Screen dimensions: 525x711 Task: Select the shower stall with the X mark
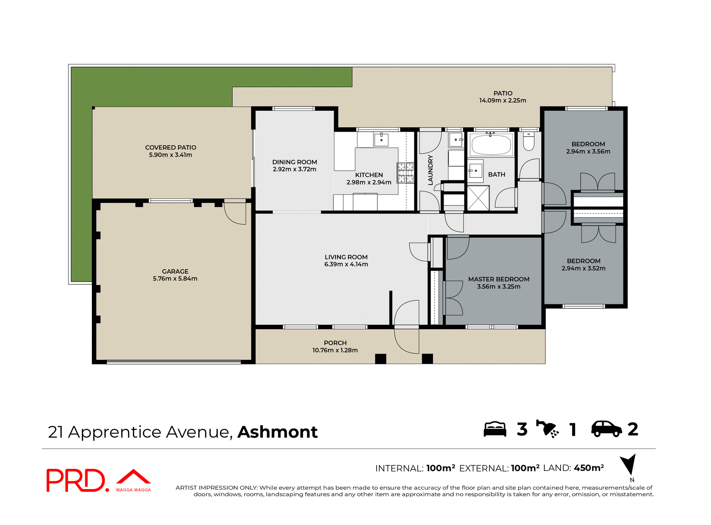(x=478, y=198)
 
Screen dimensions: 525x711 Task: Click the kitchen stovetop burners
(x=405, y=173)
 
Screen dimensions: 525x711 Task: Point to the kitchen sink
(x=381, y=140)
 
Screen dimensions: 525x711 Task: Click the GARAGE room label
(x=175, y=271)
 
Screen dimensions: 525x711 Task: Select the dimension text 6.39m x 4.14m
(x=346, y=264)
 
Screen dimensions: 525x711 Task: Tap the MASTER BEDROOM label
(x=498, y=279)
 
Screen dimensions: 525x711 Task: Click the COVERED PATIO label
(x=170, y=147)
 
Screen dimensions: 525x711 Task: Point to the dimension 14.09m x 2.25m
(x=503, y=100)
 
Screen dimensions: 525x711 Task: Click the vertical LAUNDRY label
(x=430, y=170)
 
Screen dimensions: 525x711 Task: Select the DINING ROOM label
(x=294, y=162)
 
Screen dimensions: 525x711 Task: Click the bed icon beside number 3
(x=495, y=429)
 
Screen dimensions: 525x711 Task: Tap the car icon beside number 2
(x=607, y=429)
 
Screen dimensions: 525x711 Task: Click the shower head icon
(x=547, y=429)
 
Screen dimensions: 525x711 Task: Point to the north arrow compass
(x=628, y=465)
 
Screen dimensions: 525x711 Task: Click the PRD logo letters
(x=76, y=480)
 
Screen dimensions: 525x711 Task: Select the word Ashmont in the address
(x=277, y=432)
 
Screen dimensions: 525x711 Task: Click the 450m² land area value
(x=589, y=468)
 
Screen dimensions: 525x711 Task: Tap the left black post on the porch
(x=380, y=359)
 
